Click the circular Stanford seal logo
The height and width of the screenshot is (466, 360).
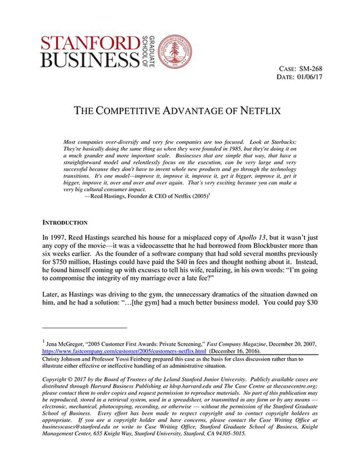click(175, 51)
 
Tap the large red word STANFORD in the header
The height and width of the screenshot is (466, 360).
click(88, 43)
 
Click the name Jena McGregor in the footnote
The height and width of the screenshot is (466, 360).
click(67, 344)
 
